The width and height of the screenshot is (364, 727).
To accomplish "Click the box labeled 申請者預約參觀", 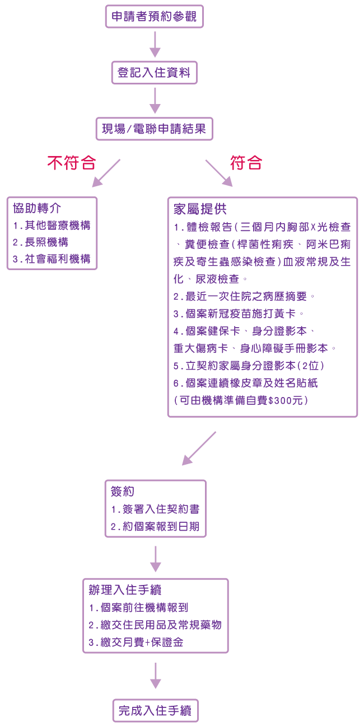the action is pos(155,16).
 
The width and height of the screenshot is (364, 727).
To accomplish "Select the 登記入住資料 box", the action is pos(155,72).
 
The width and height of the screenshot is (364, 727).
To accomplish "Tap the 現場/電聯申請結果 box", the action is pos(155,129).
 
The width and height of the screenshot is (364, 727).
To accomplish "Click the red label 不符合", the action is pos(72,163).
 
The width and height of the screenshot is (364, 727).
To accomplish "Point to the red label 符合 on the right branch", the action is pos(246,163).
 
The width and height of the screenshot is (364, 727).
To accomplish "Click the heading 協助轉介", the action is pos(37,208).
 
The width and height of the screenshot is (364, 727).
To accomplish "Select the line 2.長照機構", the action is pos(41,242).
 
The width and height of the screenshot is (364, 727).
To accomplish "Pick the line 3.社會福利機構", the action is pos(52,259).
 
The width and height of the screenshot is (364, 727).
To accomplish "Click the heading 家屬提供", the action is pos(200,209).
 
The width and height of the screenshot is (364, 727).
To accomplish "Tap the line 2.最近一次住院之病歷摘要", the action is pos(244,296).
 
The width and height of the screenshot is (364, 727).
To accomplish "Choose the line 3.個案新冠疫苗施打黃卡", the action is pos(238,314).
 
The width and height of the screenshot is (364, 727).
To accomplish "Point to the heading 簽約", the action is pos(122,492).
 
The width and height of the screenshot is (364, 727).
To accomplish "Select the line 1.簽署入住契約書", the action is pos(155,509).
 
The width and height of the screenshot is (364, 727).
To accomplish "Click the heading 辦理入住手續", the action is pos(125,590).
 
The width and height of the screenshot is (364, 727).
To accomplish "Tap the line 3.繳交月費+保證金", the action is pos(136,643).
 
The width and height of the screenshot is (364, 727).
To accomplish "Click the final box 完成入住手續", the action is pos(156,711).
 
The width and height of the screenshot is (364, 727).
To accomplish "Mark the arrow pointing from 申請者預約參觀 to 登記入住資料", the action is pos(155,44).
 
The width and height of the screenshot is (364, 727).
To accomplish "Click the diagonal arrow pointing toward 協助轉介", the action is pos(106,173).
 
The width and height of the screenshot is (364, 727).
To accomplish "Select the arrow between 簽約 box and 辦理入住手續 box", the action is pos(156,559).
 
